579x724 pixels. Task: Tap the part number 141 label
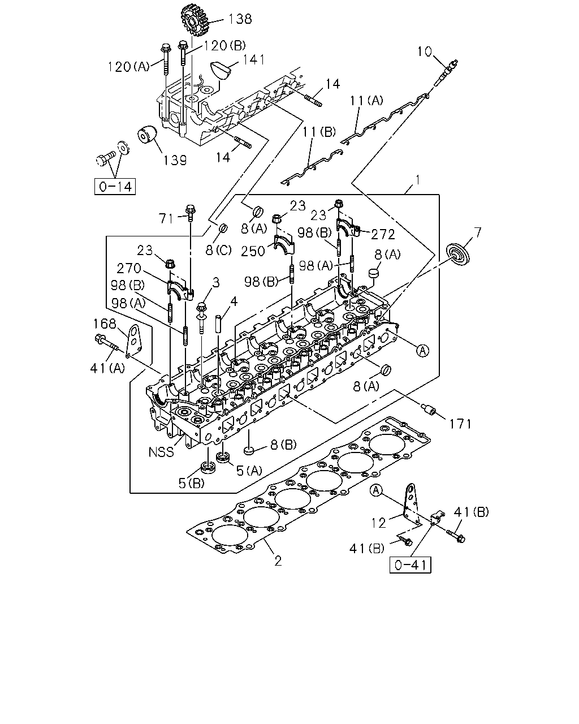click(x=254, y=60)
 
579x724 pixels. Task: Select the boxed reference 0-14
click(x=115, y=187)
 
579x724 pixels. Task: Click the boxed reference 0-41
click(x=410, y=565)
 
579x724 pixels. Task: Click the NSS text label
click(x=161, y=452)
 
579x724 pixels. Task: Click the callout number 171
click(x=460, y=424)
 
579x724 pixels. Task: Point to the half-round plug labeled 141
click(x=222, y=70)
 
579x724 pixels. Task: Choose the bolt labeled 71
click(x=191, y=213)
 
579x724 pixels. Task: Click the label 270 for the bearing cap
click(x=129, y=268)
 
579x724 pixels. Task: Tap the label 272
click(x=383, y=235)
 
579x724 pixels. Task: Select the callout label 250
click(x=253, y=251)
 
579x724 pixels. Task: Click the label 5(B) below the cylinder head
click(x=192, y=483)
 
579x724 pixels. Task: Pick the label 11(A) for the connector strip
click(x=366, y=100)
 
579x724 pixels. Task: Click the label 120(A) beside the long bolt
click(x=128, y=67)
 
